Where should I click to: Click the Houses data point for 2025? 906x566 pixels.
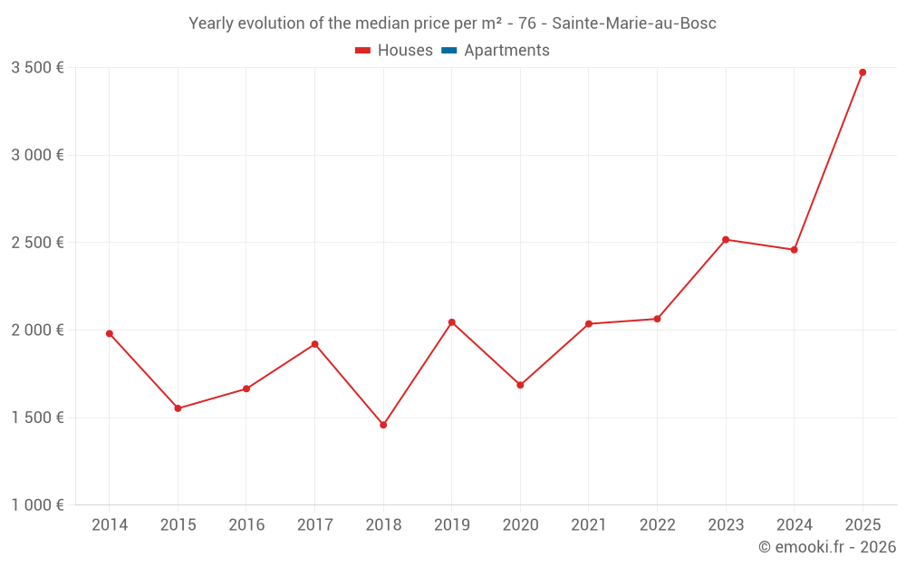tap(863, 72)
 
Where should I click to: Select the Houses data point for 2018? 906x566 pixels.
tap(383, 425)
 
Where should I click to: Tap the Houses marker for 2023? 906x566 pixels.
tap(726, 239)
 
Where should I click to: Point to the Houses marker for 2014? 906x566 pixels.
tap(110, 333)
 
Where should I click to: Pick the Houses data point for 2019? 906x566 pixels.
tap(452, 322)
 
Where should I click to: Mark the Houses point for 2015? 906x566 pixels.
tap(178, 408)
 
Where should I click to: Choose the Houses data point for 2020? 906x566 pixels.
tap(520, 385)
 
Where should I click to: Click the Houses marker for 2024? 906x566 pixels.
tap(795, 250)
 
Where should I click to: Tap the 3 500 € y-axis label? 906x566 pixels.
tap(37, 67)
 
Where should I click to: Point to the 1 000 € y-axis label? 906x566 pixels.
tap(37, 505)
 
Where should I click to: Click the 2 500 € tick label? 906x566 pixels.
tap(37, 243)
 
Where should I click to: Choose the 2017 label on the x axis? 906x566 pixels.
tap(314, 525)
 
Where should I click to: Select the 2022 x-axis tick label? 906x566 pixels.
tap(657, 525)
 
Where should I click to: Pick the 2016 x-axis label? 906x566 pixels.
tap(246, 525)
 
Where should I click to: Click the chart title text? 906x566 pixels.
tap(452, 24)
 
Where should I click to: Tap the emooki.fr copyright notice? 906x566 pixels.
tap(826, 547)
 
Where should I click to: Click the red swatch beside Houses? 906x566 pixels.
tap(363, 51)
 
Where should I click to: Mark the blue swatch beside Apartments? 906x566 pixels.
tap(448, 51)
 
